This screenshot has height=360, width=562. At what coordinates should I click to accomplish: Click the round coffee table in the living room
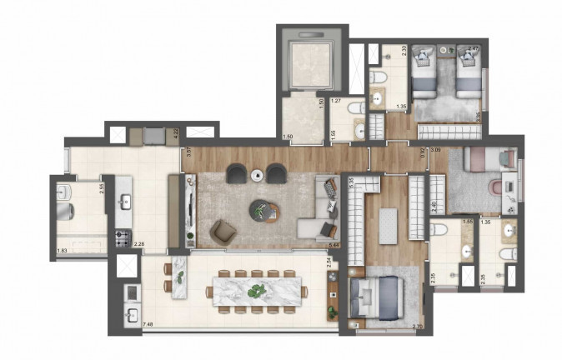pyautogui.click(x=263, y=211)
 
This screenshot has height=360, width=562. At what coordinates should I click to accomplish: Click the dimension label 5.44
pyautogui.click(x=334, y=245)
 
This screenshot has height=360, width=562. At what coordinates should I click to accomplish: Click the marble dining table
pyautogui.click(x=257, y=291)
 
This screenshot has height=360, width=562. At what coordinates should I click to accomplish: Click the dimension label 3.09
pyautogui.click(x=434, y=150)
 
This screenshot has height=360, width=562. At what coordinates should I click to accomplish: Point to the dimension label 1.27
pyautogui.click(x=336, y=102)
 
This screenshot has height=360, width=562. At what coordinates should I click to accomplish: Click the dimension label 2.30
pyautogui.click(x=404, y=50)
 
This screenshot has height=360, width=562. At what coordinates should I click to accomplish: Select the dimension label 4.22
pyautogui.click(x=176, y=132)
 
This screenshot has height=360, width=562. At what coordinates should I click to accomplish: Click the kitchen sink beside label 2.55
pyautogui.click(x=126, y=201)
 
